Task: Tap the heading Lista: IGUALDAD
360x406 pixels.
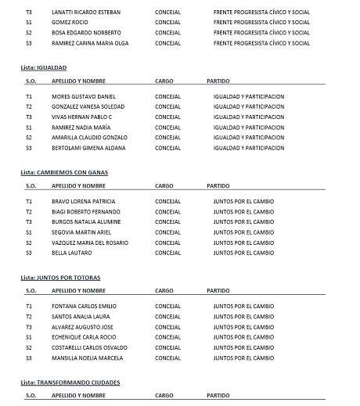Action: coord(44,68)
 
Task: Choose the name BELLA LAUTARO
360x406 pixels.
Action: coord(70,253)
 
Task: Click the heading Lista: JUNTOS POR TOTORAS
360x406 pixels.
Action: coord(60,278)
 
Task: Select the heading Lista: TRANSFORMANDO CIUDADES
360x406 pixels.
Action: coord(70,382)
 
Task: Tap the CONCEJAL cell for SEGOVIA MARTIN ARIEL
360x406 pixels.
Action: coord(168,232)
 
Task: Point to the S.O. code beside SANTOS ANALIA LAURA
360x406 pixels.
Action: coord(29,316)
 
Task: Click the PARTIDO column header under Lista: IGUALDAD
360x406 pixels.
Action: coord(218,81)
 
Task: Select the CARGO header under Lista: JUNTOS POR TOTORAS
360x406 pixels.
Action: coord(164,290)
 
